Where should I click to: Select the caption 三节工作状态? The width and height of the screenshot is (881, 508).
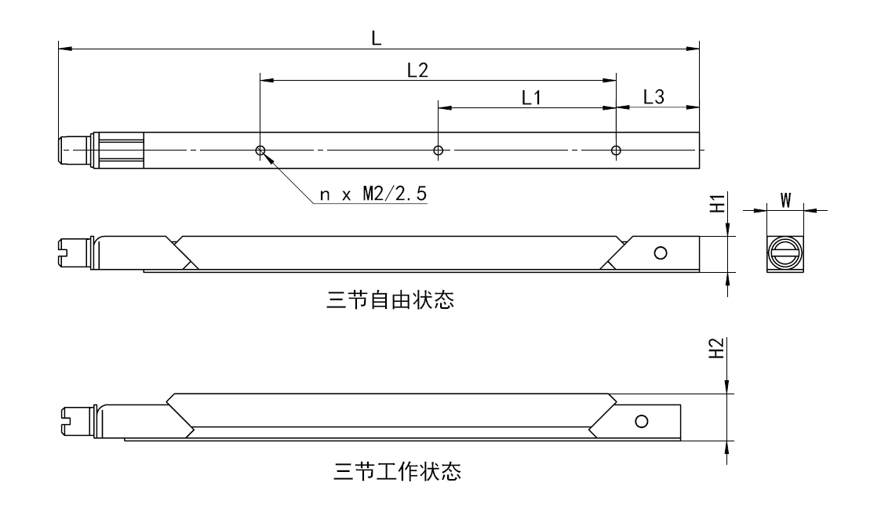395,472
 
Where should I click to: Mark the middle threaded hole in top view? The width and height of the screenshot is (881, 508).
439,150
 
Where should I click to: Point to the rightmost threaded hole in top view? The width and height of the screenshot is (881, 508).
616,150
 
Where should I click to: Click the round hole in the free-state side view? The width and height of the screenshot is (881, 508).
661,252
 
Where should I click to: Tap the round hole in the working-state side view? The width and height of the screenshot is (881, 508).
642,422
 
